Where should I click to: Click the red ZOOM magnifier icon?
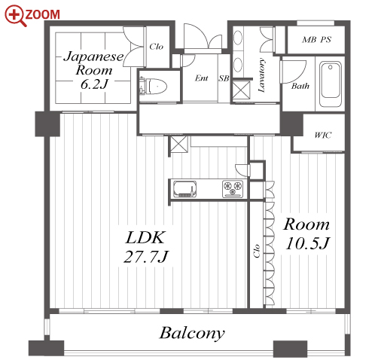pyautogui.click(x=16, y=16)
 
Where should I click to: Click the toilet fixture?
pyautogui.click(x=154, y=86)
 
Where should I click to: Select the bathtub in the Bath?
pyautogui.click(x=331, y=84)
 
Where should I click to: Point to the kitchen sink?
pyautogui.click(x=184, y=188)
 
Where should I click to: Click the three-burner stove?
pyautogui.click(x=233, y=188)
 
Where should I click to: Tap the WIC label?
pyautogui.click(x=323, y=135)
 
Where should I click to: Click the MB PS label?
pyautogui.click(x=316, y=40)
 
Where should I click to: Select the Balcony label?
pyautogui.click(x=192, y=333)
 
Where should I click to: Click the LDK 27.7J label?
pyautogui.click(x=146, y=247)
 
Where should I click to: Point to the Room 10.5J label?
pyautogui.click(x=306, y=234)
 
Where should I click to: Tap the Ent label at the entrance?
pyautogui.click(x=202, y=78)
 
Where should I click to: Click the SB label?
pyautogui.click(x=224, y=78)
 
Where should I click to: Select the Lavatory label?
pyautogui.click(x=261, y=75)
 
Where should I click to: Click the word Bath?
pyautogui.click(x=300, y=86)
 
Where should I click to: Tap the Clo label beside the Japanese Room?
pyautogui.click(x=156, y=47)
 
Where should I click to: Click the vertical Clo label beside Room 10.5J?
pyautogui.click(x=257, y=251)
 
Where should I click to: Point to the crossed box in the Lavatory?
pyautogui.click(x=241, y=90)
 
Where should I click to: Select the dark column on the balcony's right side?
pyautogui.click(x=290, y=349)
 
